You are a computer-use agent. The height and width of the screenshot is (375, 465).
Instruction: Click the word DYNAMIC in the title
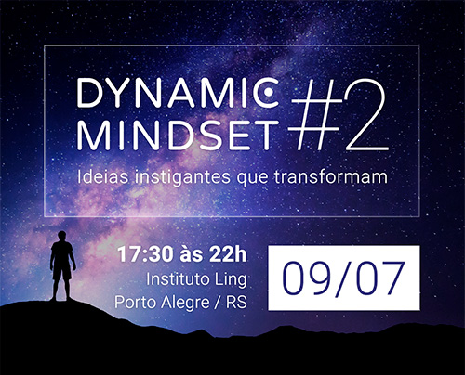coord(178,93)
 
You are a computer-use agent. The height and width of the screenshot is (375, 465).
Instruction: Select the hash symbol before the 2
coord(316,115)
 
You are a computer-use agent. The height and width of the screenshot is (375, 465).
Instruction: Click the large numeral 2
coord(365,114)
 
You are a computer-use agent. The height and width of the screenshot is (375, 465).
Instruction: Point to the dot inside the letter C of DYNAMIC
coord(269,92)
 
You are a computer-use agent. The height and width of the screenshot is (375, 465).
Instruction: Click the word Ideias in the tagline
coord(102,176)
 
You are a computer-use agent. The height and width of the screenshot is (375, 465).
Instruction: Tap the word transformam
coord(331,177)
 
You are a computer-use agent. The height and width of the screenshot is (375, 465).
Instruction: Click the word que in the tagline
coord(253,179)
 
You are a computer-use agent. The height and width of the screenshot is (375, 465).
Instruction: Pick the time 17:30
coord(145,254)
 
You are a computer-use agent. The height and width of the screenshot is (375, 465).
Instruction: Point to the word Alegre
coord(185,303)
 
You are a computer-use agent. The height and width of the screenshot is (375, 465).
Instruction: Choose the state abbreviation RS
coord(236,302)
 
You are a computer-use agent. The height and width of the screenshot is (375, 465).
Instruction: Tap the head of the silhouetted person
coord(61,236)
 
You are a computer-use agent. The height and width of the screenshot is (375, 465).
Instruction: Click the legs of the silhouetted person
coord(61,285)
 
